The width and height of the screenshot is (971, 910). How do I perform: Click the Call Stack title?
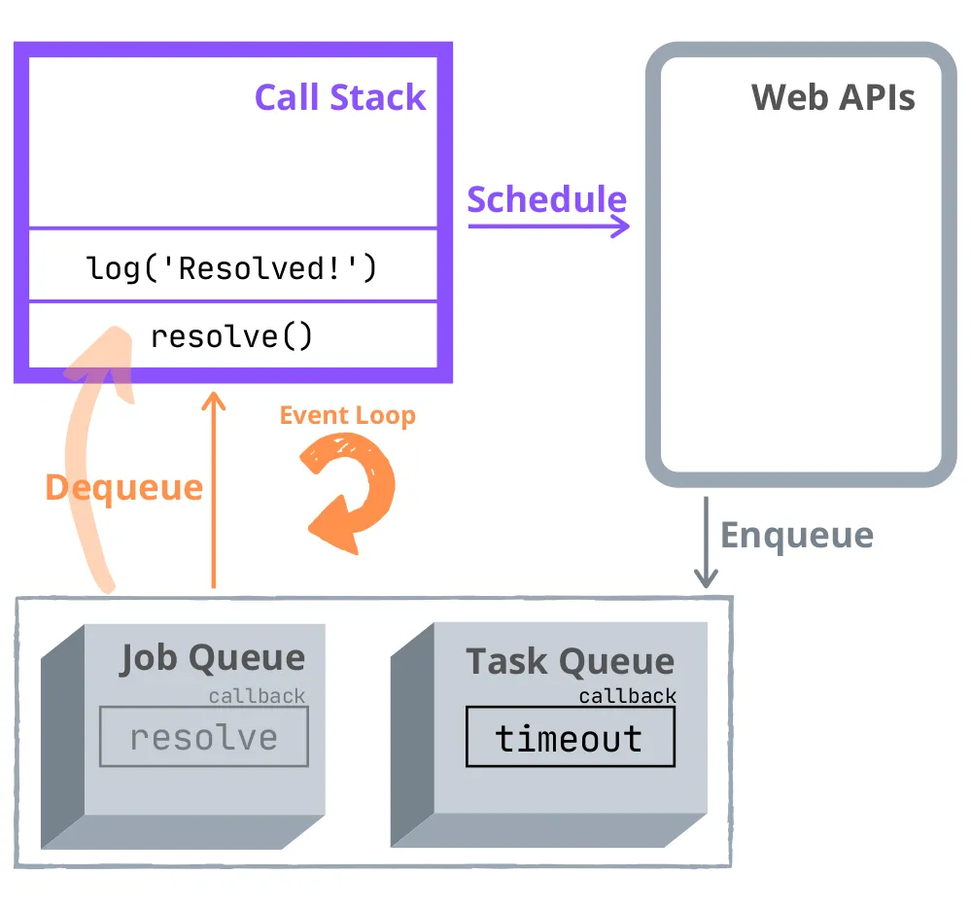pyautogui.click(x=340, y=97)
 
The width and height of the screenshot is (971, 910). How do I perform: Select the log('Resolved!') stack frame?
pyautogui.click(x=231, y=267)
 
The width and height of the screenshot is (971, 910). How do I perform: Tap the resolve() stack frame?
pyautogui.click(x=231, y=336)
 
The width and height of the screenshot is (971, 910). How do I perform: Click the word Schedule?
pyautogui.click(x=546, y=198)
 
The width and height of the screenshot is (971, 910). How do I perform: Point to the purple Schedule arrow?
pyautogui.click(x=549, y=227)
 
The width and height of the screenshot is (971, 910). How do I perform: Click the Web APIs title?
pyautogui.click(x=833, y=97)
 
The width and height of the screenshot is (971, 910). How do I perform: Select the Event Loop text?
pyautogui.click(x=347, y=415)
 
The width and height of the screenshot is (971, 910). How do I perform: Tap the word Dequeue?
pyautogui.click(x=123, y=487)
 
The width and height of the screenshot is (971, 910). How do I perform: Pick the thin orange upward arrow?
pyautogui.click(x=213, y=486)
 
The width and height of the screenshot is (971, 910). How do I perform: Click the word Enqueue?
pyautogui.click(x=796, y=535)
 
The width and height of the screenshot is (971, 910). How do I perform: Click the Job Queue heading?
pyautogui.click(x=212, y=658)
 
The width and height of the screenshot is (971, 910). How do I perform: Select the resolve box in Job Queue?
pyautogui.click(x=204, y=737)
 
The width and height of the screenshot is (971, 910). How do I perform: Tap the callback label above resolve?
pyautogui.click(x=257, y=696)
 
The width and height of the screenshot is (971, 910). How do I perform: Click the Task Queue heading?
pyautogui.click(x=570, y=661)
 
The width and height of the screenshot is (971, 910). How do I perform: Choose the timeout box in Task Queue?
pyautogui.click(x=570, y=738)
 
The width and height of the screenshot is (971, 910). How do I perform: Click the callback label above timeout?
pyautogui.click(x=627, y=696)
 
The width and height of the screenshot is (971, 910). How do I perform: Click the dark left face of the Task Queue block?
pyautogui.click(x=411, y=739)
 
